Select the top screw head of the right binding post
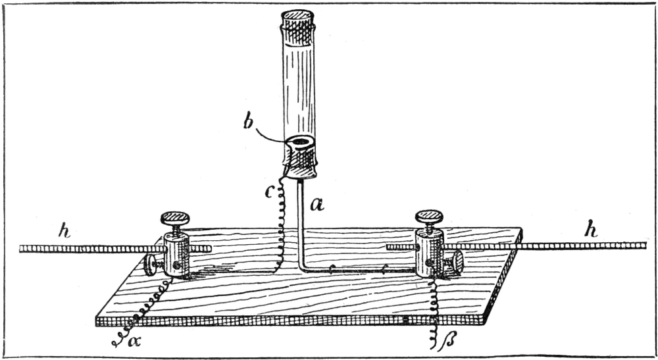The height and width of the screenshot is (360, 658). coord(429,216)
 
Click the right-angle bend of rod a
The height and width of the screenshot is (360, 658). coord(303,267)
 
